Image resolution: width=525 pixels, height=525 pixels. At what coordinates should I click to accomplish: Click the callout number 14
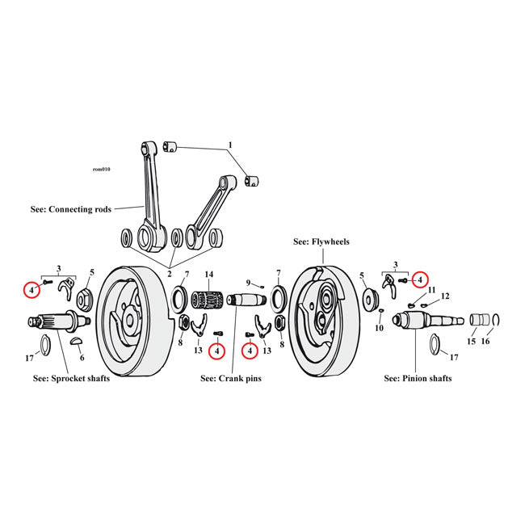click(208, 275)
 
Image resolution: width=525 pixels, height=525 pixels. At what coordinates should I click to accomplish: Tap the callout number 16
click(485, 341)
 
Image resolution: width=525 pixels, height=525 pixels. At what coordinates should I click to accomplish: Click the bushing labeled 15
click(480, 320)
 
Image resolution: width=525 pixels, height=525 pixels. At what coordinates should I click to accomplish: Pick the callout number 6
click(82, 358)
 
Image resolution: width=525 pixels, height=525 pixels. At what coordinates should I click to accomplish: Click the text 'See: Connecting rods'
click(70, 210)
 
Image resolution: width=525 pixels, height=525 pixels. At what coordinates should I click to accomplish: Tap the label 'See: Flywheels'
click(321, 241)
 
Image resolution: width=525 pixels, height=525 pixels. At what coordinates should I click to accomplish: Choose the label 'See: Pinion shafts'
click(418, 378)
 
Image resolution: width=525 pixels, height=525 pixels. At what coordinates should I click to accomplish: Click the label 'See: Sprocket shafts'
click(71, 378)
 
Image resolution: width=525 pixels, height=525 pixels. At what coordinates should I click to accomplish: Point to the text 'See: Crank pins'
click(231, 378)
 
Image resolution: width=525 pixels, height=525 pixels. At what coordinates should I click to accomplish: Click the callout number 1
click(230, 145)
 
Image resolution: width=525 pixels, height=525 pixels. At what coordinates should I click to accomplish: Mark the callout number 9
click(249, 283)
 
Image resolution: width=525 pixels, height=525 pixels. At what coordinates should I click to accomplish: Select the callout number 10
click(379, 328)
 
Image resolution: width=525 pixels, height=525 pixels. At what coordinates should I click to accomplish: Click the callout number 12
click(445, 296)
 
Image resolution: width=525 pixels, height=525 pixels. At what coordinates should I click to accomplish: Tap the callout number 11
click(431, 290)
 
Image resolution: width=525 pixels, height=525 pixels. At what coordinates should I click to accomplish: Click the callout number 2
click(170, 275)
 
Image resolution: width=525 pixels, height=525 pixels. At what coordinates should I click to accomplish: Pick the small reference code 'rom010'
click(102, 170)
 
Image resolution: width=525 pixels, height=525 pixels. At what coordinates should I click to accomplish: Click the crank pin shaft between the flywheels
click(247, 299)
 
